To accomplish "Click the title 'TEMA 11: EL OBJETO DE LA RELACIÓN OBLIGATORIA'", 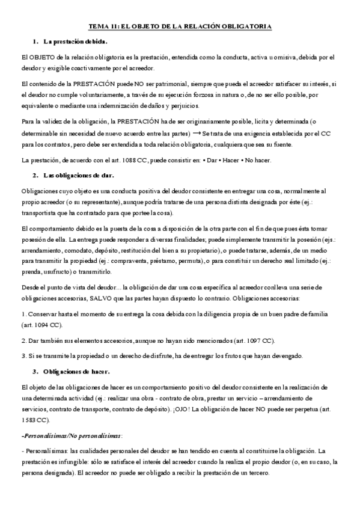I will coord(180,26).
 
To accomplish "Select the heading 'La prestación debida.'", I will coord(75,41).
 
